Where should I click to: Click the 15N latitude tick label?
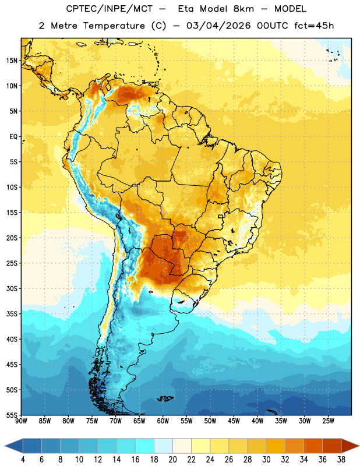(12, 61)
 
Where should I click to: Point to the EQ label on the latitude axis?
(13, 137)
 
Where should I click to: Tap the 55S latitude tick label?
(12, 415)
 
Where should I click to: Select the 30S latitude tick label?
(12, 288)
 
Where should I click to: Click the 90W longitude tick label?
(21, 421)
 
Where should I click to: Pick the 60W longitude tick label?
(163, 421)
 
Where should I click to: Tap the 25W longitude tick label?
(328, 421)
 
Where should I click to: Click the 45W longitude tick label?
(234, 421)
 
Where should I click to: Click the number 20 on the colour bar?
(172, 460)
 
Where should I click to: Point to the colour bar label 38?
(341, 460)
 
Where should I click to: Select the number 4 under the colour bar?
(23, 460)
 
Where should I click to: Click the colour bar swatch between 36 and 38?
(332, 446)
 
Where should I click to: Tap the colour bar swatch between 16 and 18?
(145, 446)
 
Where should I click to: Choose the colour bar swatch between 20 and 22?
(182, 446)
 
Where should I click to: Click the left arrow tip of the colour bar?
(5, 446)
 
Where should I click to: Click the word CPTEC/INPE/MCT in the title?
(109, 9)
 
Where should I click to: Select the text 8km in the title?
(243, 9)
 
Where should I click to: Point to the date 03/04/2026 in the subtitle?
(218, 26)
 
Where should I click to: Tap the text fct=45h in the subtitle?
(314, 26)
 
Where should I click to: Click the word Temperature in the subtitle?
(114, 26)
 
